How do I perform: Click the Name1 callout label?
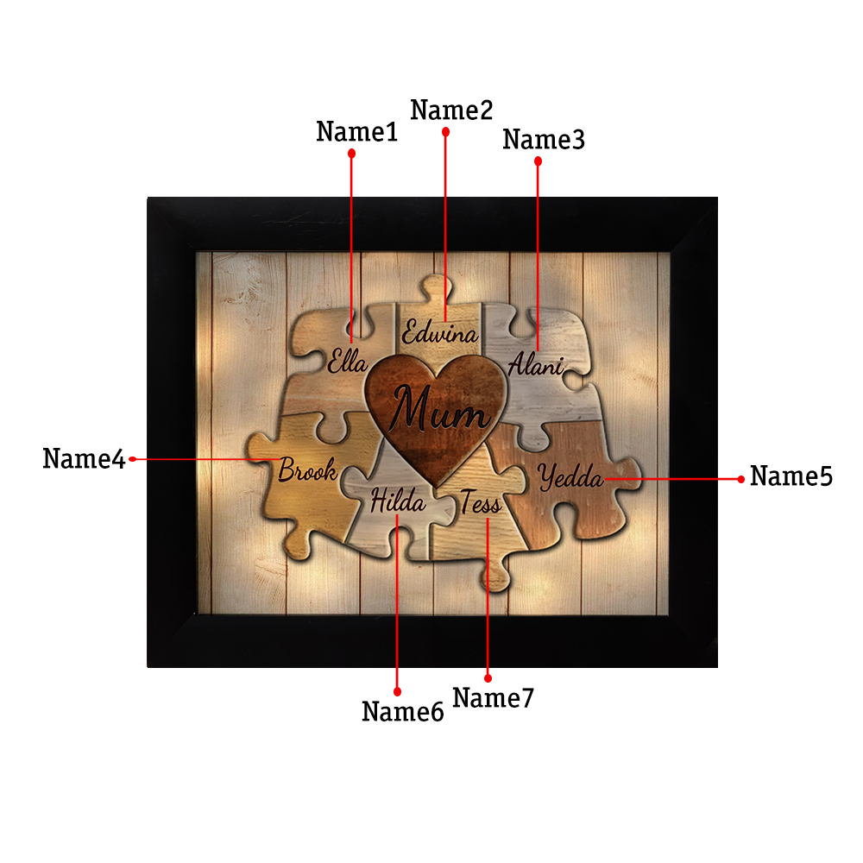click(356, 131)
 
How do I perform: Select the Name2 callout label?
click(451, 110)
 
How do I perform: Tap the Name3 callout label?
click(543, 139)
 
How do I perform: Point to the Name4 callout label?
click(85, 458)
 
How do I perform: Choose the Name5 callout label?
click(791, 476)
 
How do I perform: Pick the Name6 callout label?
click(402, 711)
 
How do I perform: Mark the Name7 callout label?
click(493, 698)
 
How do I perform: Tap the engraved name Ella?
click(347, 362)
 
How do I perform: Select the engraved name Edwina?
click(440, 333)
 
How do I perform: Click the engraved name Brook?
click(308, 469)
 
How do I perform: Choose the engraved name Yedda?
click(570, 476)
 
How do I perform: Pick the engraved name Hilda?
click(398, 501)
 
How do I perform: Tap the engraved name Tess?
click(481, 502)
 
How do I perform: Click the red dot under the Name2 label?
click(446, 132)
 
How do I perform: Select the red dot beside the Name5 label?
click(740, 479)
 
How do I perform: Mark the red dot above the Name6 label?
click(397, 691)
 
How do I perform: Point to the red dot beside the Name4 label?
click(132, 459)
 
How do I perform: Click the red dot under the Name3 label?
click(539, 161)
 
